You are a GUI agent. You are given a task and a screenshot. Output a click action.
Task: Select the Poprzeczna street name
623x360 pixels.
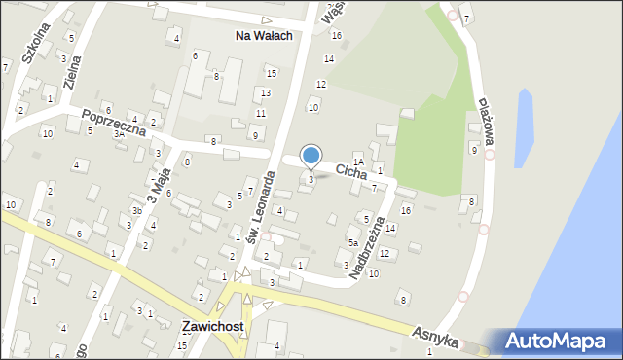[114, 122]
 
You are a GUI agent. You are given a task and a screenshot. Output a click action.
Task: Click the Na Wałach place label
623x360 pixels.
[265, 35]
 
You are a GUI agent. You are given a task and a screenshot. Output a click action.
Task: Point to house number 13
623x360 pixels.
[265, 92]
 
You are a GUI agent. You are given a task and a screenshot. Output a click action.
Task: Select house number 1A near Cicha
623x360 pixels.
[358, 162]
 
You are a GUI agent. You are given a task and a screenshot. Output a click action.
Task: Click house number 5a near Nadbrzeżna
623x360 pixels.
[353, 242]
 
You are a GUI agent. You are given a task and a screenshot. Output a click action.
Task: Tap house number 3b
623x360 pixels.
[137, 211]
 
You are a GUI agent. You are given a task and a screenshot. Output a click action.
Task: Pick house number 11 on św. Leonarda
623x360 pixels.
[260, 113]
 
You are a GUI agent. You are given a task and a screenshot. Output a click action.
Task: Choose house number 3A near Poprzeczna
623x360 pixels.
[118, 134]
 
